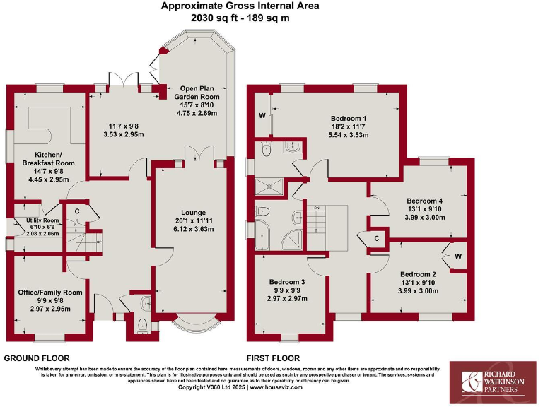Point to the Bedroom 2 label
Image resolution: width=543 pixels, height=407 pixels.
click(x=418, y=274)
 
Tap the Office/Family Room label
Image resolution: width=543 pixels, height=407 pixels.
click(x=49, y=292)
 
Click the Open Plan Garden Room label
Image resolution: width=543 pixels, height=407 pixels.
click(x=199, y=91)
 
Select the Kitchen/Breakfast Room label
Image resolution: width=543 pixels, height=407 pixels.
click(x=45, y=158)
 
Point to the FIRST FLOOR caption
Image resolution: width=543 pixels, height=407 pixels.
click(x=273, y=358)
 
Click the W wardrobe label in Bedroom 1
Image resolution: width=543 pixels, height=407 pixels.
click(x=262, y=114)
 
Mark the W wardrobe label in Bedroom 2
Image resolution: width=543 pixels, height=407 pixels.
click(x=457, y=256)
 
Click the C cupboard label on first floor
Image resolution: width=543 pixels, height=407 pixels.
click(x=377, y=238)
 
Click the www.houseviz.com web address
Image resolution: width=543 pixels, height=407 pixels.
click(x=277, y=388)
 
